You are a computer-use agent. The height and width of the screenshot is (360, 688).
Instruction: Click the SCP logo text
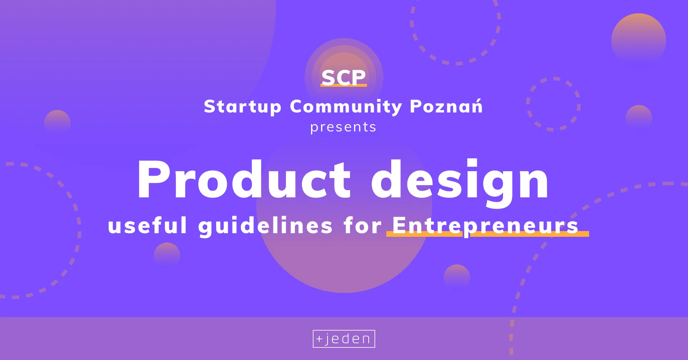pos(344,77)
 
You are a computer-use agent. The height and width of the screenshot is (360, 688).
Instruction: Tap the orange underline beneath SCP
pos(344,85)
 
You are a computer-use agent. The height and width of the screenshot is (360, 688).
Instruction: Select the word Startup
pos(243,107)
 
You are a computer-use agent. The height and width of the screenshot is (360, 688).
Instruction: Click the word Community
pos(346,107)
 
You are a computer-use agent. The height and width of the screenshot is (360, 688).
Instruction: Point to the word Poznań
pos(446,106)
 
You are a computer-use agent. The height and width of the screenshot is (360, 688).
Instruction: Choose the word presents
pos(343,128)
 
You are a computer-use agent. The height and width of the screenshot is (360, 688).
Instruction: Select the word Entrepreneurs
pos(485,226)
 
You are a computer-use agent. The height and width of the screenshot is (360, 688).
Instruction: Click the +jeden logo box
pos(344,339)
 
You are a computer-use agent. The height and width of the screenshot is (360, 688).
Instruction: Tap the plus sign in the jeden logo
pos(319,339)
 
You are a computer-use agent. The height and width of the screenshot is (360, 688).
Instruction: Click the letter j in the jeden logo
pos(327,340)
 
